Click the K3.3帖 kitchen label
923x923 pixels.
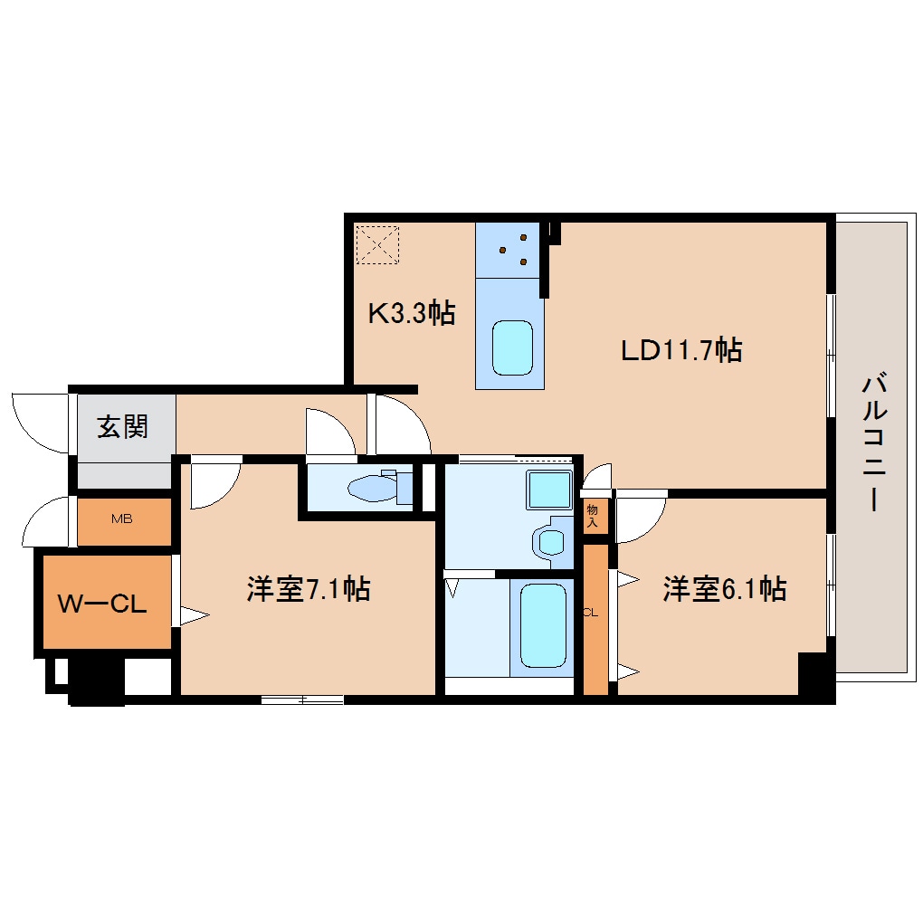[412, 312]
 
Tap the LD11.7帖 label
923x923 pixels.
[681, 350]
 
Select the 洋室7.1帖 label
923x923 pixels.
[309, 588]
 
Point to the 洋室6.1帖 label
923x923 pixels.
[725, 588]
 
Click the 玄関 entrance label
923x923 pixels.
[122, 426]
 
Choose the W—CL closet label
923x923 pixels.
[102, 604]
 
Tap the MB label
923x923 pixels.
[122, 519]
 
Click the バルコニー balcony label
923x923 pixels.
[874, 441]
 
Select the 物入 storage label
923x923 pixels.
[592, 516]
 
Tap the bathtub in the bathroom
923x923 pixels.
[543, 625]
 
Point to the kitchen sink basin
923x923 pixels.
[512, 347]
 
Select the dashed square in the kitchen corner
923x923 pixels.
[378, 244]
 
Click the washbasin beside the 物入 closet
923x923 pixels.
[552, 541]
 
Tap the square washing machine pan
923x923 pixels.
[549, 490]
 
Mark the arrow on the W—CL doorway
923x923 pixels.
[195, 615]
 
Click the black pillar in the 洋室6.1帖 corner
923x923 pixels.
[813, 674]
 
